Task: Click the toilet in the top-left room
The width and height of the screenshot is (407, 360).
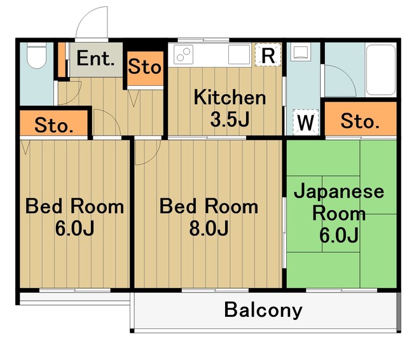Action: tap(37, 57)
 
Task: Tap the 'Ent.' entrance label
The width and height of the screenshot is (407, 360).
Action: tap(95, 60)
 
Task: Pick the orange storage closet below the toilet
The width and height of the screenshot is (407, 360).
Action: tap(53, 125)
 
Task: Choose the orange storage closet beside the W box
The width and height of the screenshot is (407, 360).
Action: tap(360, 120)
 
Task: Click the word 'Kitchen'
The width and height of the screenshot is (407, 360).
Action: tap(230, 98)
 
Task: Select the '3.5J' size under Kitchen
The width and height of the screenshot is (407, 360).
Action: tap(230, 119)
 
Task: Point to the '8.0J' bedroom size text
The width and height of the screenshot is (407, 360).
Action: tap(209, 228)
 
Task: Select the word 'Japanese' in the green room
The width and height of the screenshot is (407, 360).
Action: tap(338, 191)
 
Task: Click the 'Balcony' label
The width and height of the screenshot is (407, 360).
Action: tap(263, 310)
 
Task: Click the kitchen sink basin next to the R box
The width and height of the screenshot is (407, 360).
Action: tap(240, 55)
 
